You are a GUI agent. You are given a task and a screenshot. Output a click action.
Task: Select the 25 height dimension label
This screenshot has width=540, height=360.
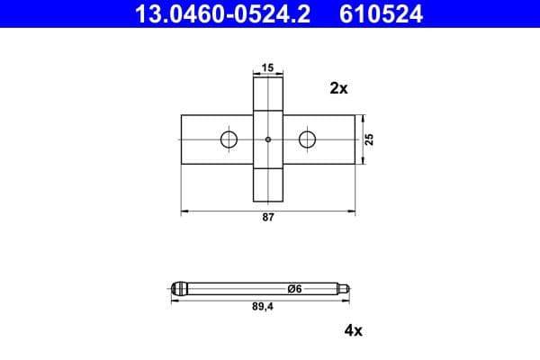[x=370, y=139]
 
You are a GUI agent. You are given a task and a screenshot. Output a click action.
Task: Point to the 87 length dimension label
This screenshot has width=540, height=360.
[x=267, y=219]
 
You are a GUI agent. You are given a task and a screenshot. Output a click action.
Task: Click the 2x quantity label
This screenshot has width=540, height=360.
[x=338, y=88]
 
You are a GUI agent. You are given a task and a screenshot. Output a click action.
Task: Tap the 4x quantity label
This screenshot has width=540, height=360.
[x=353, y=330]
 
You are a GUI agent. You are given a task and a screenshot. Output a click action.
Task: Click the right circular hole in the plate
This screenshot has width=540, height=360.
[x=308, y=139]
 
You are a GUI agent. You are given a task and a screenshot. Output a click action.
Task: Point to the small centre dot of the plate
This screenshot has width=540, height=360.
[x=268, y=139]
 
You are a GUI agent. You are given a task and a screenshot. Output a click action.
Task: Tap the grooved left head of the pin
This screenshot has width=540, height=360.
[x=180, y=288]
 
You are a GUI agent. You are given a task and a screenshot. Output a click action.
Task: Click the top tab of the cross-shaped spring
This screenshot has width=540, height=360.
[x=268, y=94]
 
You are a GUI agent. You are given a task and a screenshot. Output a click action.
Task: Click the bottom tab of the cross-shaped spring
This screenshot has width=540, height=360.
[x=268, y=184]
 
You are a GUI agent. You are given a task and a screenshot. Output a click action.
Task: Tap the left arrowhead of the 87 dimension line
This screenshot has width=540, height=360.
[x=184, y=211]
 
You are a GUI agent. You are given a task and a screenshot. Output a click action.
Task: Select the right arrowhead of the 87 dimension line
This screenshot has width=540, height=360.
[x=352, y=211]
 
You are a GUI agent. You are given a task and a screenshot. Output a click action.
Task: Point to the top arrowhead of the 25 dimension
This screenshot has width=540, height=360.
[x=362, y=117]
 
